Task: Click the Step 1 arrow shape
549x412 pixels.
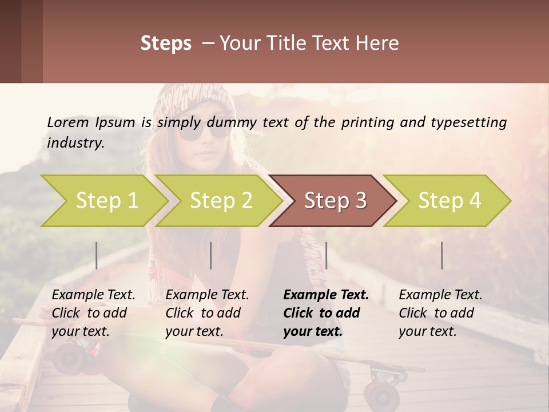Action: tap(106, 200)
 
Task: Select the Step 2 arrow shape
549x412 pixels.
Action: tap(221, 200)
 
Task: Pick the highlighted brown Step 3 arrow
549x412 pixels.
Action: tap(335, 200)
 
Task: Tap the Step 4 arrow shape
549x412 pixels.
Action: tap(449, 200)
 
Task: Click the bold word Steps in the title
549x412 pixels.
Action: tap(166, 43)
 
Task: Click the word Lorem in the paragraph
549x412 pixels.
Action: tap(67, 122)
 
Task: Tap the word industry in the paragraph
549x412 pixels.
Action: tap(75, 142)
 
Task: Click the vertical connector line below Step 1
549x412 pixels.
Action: tap(96, 255)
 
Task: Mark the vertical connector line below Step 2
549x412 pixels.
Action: tap(211, 255)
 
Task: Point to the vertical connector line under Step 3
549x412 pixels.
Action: tap(326, 255)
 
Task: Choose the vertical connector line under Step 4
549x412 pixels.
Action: tap(441, 255)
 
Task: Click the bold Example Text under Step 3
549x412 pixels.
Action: tap(326, 295)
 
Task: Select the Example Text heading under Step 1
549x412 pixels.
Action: tap(93, 295)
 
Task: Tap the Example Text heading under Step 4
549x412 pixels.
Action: tap(440, 295)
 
